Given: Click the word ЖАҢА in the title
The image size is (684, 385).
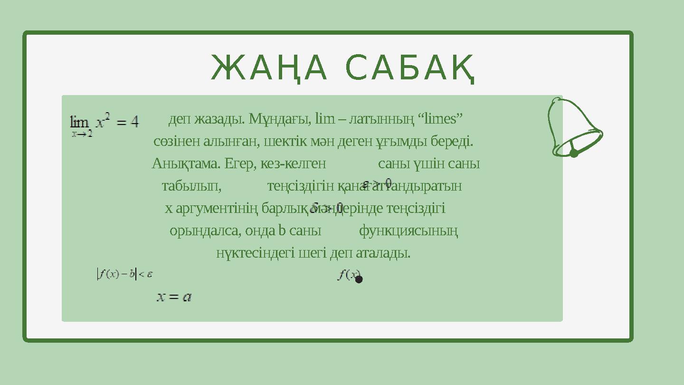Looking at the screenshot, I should [269, 68].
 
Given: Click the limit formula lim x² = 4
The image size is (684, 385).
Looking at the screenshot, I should [104, 124].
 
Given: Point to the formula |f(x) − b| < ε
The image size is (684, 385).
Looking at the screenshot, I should [124, 274].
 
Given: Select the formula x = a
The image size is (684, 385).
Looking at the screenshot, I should [174, 297].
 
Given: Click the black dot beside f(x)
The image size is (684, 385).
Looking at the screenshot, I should [359, 279].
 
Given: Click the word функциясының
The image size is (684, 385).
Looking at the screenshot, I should [408, 231].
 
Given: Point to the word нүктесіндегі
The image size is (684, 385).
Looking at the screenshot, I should [256, 253].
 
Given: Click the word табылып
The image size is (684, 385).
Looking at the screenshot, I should [191, 185].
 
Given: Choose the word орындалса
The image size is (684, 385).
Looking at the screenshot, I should [205, 231].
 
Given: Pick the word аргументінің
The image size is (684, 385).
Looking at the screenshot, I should [217, 208].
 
